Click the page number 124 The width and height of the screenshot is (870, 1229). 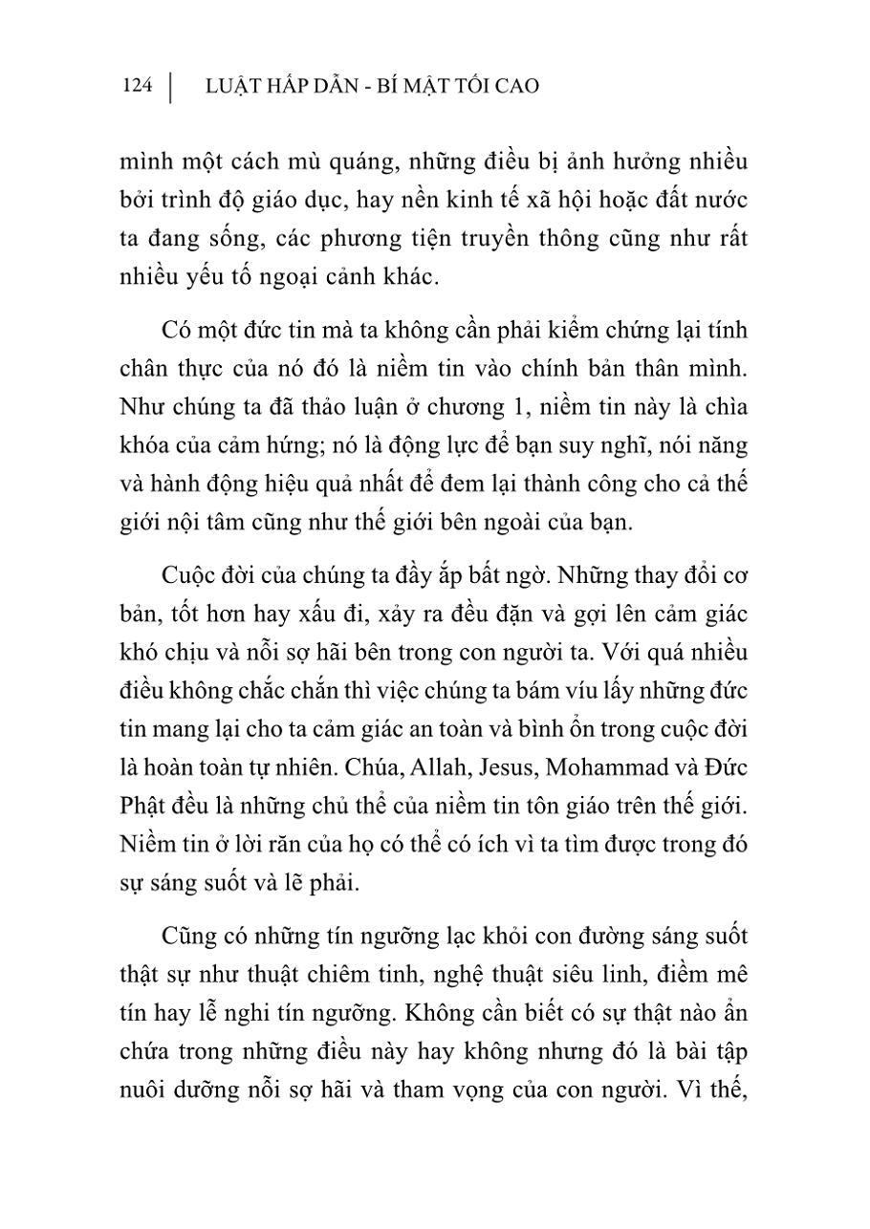pyautogui.click(x=137, y=86)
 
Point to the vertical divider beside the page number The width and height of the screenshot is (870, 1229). pyautogui.click(x=170, y=86)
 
